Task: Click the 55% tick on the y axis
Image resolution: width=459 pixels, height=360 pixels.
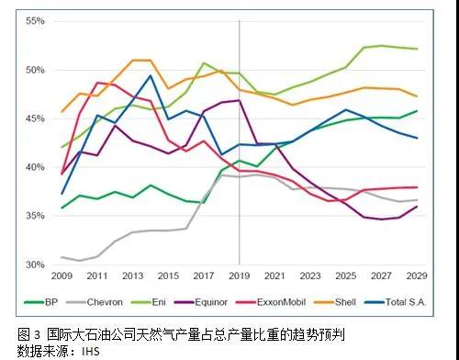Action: (x=34, y=20)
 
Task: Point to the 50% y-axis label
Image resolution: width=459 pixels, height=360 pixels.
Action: (x=34, y=70)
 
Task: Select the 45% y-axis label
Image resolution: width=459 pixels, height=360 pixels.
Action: (x=34, y=118)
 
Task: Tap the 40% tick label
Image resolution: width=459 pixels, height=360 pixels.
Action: (x=34, y=167)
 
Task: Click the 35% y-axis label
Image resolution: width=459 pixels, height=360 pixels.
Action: (x=34, y=216)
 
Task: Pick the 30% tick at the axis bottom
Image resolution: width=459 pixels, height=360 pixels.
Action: (x=34, y=264)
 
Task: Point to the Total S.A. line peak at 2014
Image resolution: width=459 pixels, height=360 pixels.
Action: (x=151, y=75)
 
